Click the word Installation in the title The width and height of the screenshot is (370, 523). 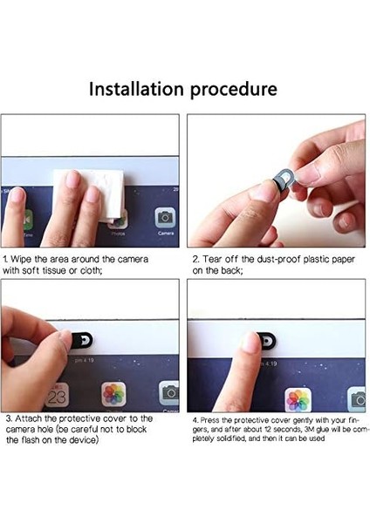pyautogui.click(x=136, y=89)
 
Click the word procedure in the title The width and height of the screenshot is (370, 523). pyautogui.click(x=234, y=90)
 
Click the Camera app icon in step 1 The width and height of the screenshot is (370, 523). pyautogui.click(x=165, y=218)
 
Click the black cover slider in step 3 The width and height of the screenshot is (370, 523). pyautogui.click(x=81, y=340)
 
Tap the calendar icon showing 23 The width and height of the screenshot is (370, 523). pyautogui.click(x=57, y=395)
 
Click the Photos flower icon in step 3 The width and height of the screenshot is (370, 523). pyautogui.click(x=113, y=394)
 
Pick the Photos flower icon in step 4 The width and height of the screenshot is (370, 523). pyautogui.click(x=298, y=400)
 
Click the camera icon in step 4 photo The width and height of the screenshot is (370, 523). pyautogui.click(x=357, y=399)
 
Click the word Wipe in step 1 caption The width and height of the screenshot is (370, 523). pyautogui.click(x=21, y=259)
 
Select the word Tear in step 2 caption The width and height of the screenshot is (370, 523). pyautogui.click(x=212, y=259)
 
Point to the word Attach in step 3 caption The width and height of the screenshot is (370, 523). pyautogui.click(x=27, y=418)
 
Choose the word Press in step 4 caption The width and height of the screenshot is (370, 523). pyautogui.click(x=208, y=420)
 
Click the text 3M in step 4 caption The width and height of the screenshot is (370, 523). pyautogui.click(x=307, y=429)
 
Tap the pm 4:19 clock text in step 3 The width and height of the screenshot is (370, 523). pyautogui.click(x=84, y=360)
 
